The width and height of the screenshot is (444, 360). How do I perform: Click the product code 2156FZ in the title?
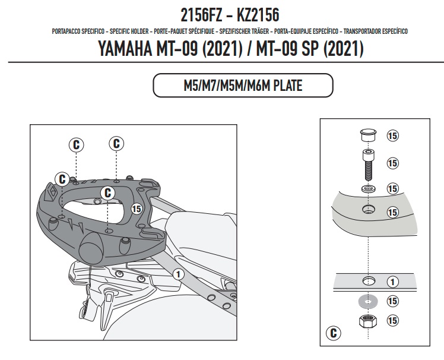[202, 15]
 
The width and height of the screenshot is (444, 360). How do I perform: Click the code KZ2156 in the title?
[258, 15]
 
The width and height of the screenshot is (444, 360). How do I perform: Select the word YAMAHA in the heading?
[125, 48]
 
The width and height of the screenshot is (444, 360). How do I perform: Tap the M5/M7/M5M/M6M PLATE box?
[243, 86]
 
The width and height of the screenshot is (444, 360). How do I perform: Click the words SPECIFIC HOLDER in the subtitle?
[129, 31]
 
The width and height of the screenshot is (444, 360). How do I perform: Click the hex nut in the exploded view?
[367, 321]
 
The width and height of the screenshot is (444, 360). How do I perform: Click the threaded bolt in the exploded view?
[367, 165]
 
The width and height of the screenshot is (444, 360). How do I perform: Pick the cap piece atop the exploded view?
[367, 135]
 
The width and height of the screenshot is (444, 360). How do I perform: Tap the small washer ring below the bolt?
[368, 188]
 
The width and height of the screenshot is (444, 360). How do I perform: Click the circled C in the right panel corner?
[333, 333]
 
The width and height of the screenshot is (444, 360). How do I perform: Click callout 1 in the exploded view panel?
[392, 282]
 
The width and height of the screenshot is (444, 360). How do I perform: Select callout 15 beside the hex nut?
[392, 321]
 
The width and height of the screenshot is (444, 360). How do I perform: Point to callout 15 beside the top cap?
[392, 136]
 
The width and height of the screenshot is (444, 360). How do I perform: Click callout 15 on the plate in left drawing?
[137, 209]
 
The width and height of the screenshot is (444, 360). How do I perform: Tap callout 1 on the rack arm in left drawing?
[178, 274]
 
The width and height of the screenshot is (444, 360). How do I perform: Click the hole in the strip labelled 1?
[369, 280]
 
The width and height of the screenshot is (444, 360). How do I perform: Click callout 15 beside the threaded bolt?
[392, 163]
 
